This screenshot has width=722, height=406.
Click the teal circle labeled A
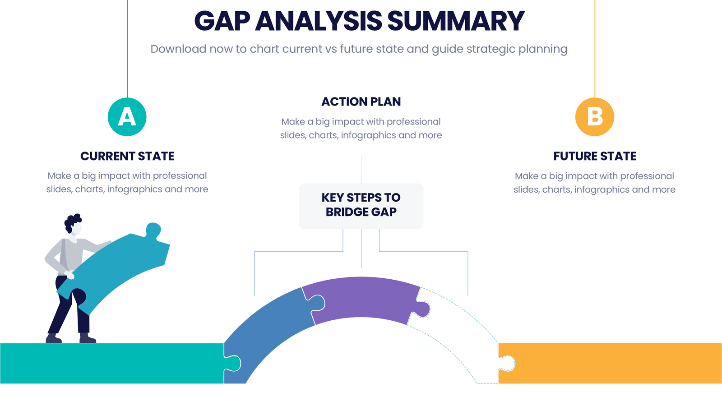click(x=127, y=117)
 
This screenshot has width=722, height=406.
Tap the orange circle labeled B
click(x=595, y=117)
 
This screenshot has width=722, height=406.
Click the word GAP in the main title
click(x=222, y=21)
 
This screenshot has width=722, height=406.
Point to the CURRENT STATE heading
click(x=127, y=156)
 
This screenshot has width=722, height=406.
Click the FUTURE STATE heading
click(x=595, y=156)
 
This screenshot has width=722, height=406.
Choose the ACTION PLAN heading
click(x=361, y=102)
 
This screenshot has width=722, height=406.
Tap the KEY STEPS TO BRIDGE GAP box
click(x=361, y=205)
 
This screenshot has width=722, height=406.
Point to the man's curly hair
click(x=73, y=221)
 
